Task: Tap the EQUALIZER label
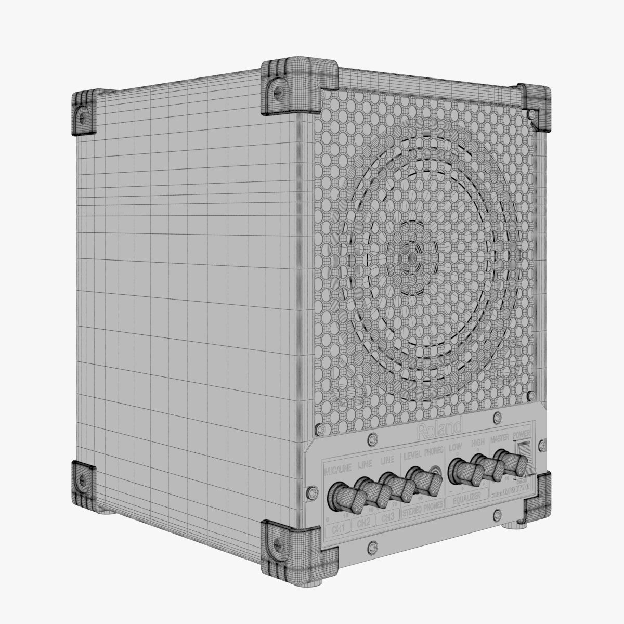pos(466,498)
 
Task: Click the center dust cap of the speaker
pos(411,256)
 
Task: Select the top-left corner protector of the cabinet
pos(83,113)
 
